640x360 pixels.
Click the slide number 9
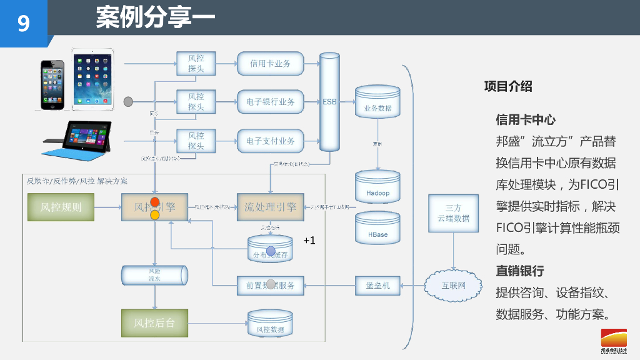(x=23, y=24)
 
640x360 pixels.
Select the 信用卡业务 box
(x=270, y=64)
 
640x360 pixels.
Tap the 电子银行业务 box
(x=270, y=102)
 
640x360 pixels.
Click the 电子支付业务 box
(x=270, y=141)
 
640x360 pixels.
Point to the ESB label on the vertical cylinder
(x=329, y=101)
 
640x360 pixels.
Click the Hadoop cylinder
(x=377, y=189)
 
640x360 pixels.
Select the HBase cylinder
(x=377, y=231)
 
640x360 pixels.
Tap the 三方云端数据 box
(x=453, y=213)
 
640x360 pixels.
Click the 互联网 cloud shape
(x=454, y=286)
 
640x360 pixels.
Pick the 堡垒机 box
(x=377, y=286)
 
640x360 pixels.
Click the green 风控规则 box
(x=61, y=207)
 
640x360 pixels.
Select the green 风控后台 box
(x=154, y=323)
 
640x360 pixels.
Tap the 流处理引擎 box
(x=270, y=207)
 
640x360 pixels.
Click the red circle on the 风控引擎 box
(x=155, y=202)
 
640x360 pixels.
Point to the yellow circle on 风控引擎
(x=155, y=214)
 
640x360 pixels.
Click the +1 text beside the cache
(x=309, y=241)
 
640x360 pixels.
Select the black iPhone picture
(x=52, y=85)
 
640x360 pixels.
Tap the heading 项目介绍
(x=508, y=87)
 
